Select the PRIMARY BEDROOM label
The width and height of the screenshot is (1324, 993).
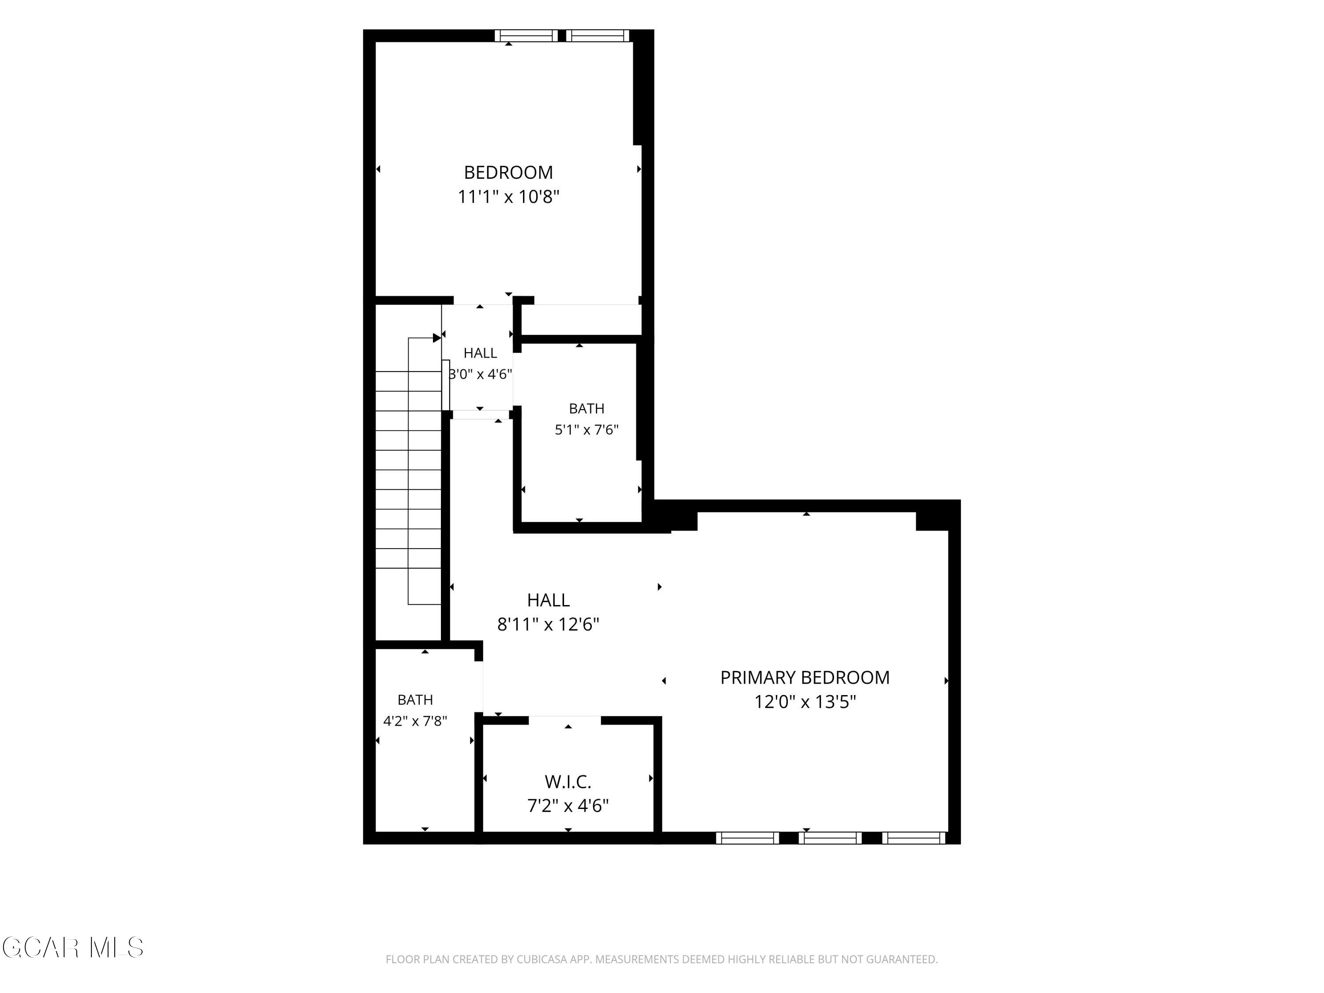click(805, 677)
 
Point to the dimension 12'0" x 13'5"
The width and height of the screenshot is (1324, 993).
click(805, 702)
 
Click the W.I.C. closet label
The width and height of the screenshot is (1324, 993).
click(568, 782)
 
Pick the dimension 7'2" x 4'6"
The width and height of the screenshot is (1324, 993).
click(568, 805)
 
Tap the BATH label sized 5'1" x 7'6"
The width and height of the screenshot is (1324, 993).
click(587, 409)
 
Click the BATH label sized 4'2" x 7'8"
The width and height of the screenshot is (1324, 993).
click(415, 700)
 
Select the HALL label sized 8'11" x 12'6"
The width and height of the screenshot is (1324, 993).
click(548, 600)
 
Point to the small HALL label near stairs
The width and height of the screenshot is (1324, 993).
click(480, 353)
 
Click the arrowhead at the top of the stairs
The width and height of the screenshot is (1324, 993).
click(437, 338)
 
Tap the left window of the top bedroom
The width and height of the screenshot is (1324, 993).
click(526, 36)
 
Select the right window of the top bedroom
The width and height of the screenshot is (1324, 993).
click(598, 36)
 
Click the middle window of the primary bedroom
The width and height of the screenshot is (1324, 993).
click(830, 838)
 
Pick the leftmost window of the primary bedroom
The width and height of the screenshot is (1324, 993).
click(748, 838)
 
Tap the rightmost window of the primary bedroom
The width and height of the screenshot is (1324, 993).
click(914, 838)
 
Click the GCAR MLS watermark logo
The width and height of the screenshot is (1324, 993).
click(72, 948)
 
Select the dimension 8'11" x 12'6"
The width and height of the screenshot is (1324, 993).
click(548, 624)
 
